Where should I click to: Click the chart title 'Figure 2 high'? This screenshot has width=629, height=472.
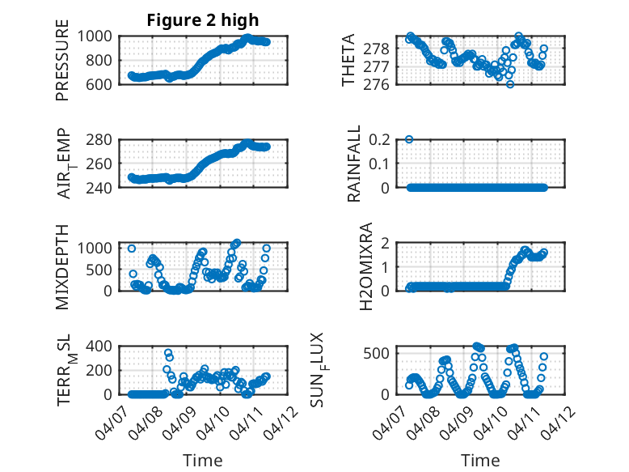pos(203,20)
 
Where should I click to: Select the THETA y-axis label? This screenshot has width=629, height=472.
pos(348,60)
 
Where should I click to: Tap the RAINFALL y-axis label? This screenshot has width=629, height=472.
pos(354,164)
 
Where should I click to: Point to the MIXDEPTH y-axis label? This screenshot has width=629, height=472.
pos(62,266)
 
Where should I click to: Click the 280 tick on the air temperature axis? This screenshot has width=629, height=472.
pos(102,139)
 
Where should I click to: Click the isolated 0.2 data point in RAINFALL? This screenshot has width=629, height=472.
pos(409,139)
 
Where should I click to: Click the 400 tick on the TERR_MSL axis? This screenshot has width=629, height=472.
pos(102,347)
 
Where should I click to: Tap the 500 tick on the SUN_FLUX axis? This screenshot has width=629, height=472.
pos(384,353)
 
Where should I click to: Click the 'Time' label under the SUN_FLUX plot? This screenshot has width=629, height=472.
pos(480,461)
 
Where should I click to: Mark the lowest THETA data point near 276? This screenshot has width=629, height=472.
pos(510,84)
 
